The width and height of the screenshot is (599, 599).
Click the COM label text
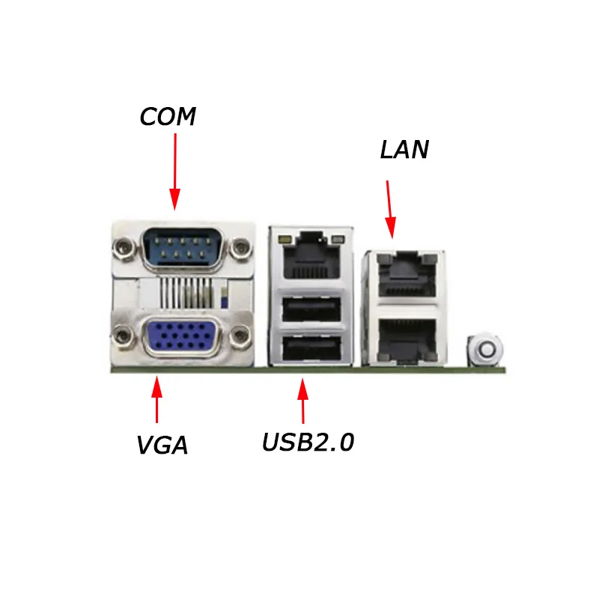(168, 117)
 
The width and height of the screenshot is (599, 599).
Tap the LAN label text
(404, 149)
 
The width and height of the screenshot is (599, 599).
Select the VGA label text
(162, 446)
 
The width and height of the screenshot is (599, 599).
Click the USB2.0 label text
(308, 443)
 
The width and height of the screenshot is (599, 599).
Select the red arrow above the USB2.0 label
(302, 403)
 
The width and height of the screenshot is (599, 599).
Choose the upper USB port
(310, 308)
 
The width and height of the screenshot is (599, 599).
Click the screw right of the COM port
(240, 246)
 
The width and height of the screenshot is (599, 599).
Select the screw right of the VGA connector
(240, 335)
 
